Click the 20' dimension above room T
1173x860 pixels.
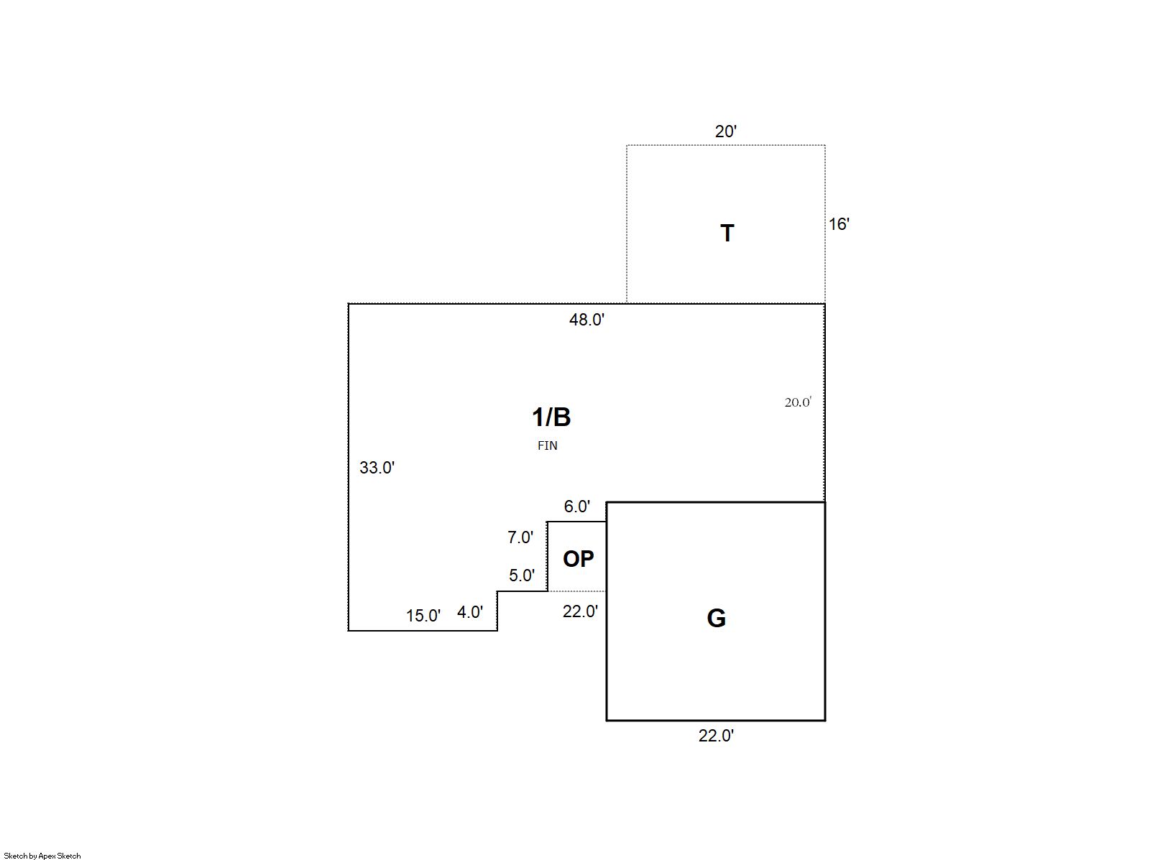pyautogui.click(x=725, y=131)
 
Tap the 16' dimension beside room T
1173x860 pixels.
pyautogui.click(x=838, y=224)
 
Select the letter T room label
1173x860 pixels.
pyautogui.click(x=727, y=233)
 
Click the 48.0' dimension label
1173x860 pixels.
pyautogui.click(x=586, y=319)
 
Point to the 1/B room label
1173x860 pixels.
pyautogui.click(x=551, y=417)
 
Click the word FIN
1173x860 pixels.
pyautogui.click(x=547, y=445)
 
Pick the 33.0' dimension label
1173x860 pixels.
pyautogui.click(x=377, y=468)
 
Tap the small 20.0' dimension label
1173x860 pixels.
pyautogui.click(x=798, y=402)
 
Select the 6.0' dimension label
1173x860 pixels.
pyautogui.click(x=576, y=507)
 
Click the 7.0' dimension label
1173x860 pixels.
pyautogui.click(x=520, y=537)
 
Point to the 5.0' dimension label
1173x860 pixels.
pyautogui.click(x=522, y=575)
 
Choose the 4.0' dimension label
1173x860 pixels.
pyautogui.click(x=470, y=612)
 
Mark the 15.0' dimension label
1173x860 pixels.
pyautogui.click(x=423, y=616)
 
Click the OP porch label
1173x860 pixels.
pyautogui.click(x=578, y=559)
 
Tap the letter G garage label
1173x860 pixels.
pyautogui.click(x=717, y=618)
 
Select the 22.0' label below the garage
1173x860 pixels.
pyautogui.click(x=716, y=736)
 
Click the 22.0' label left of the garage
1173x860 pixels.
pyautogui.click(x=580, y=611)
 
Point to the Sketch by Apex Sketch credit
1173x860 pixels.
pyautogui.click(x=42, y=856)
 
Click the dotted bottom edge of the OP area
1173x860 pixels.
pyautogui.click(x=577, y=591)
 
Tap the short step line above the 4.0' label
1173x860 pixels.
pyautogui.click(x=523, y=591)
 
